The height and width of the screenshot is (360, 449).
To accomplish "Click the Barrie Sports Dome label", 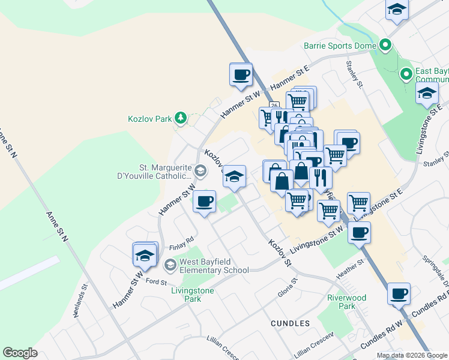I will [x=340, y=46].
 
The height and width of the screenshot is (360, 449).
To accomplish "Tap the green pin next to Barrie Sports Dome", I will [x=385, y=45].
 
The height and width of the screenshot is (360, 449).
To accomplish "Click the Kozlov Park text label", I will [x=151, y=118].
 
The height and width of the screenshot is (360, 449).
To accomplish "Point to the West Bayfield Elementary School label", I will [x=214, y=266].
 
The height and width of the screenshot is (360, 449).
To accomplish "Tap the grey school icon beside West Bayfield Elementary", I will [x=170, y=265].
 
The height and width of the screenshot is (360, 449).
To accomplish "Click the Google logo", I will [x=20, y=353].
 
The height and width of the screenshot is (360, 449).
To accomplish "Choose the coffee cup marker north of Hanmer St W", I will [x=241, y=74].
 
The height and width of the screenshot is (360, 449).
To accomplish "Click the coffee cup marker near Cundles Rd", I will [x=399, y=293].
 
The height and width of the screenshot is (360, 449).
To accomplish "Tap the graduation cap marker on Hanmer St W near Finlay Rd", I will [x=144, y=255].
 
